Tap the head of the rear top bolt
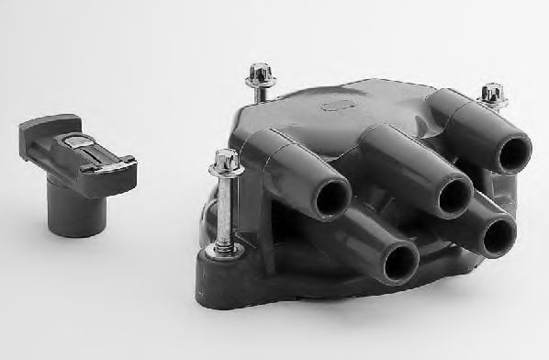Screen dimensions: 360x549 (x=257, y=73)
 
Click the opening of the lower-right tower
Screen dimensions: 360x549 (x=498, y=237)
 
